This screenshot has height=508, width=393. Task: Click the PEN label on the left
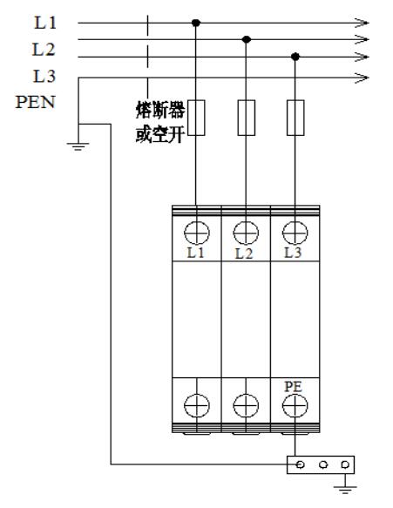36,102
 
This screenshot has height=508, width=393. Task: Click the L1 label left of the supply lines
45,23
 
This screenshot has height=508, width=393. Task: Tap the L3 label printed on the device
293,253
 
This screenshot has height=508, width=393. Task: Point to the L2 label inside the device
244,254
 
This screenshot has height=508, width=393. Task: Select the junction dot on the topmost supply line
196,23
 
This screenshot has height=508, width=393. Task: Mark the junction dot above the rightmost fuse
295,57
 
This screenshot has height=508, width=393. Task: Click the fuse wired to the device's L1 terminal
196,118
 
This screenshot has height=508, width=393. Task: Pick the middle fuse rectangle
247,118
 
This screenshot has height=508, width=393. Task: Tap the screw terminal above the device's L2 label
246,233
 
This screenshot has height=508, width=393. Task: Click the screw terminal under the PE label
295,406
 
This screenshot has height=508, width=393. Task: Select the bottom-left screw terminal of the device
197,406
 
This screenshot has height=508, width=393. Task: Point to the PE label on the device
293,387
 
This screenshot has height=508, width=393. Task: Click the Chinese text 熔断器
160,110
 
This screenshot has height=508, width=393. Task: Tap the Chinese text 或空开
160,133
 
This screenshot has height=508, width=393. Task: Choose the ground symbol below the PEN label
78,146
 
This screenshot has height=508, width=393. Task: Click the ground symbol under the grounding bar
345,489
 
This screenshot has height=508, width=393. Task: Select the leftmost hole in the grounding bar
301,464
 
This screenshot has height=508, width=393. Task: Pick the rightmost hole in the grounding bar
345,464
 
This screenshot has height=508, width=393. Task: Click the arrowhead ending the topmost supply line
362,23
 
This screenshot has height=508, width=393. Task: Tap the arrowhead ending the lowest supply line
362,78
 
